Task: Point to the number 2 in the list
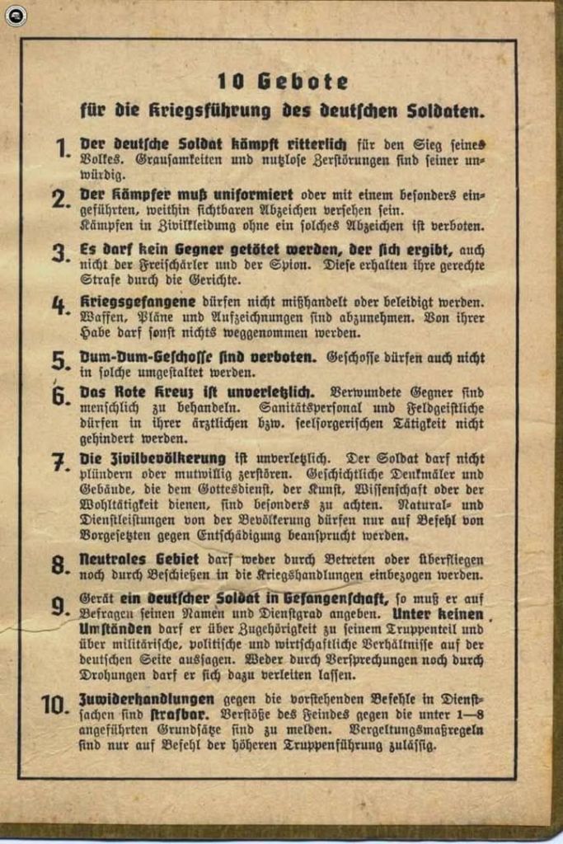[59, 199]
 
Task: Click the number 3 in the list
[59, 252]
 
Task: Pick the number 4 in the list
[59, 305]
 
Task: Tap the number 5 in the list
[59, 360]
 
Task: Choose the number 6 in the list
[59, 396]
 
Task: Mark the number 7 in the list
[59, 462]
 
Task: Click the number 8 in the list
[59, 565]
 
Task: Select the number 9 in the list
[59, 606]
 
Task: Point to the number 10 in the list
[54, 704]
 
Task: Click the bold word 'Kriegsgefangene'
[126, 302]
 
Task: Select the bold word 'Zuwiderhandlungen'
[135, 697]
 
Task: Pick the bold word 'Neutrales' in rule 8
[112, 559]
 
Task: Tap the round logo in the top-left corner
[15, 15]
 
